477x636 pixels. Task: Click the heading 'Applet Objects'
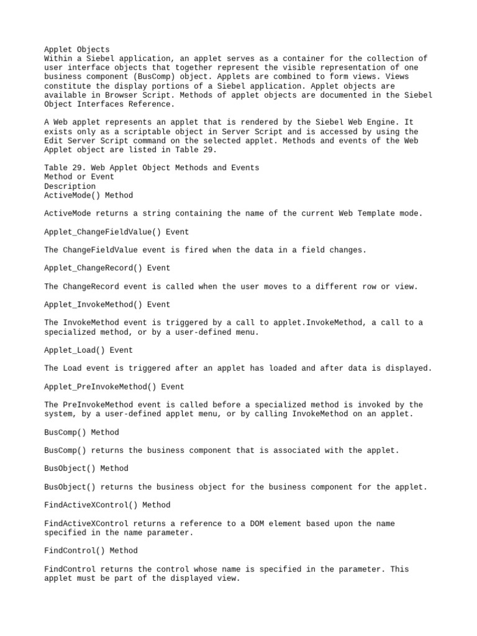click(x=77, y=49)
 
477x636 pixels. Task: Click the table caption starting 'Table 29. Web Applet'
click(x=152, y=168)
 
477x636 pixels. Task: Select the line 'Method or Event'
click(x=79, y=177)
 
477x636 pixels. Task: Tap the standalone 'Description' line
click(x=70, y=186)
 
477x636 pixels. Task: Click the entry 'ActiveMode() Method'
click(x=88, y=195)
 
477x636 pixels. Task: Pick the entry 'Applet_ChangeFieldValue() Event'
click(x=117, y=232)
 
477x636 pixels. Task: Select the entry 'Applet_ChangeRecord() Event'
click(x=107, y=268)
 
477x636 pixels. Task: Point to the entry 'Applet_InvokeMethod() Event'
click(x=107, y=304)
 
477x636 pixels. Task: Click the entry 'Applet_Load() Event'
click(x=89, y=350)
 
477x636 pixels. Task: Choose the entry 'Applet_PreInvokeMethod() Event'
click(x=114, y=386)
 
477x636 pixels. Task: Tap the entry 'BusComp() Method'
click(x=81, y=432)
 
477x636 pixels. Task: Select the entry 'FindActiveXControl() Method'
click(x=107, y=505)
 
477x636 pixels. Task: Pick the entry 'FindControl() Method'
click(x=91, y=550)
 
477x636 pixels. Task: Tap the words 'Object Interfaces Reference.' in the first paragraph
click(x=107, y=104)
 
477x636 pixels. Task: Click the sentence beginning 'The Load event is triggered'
click(x=238, y=368)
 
